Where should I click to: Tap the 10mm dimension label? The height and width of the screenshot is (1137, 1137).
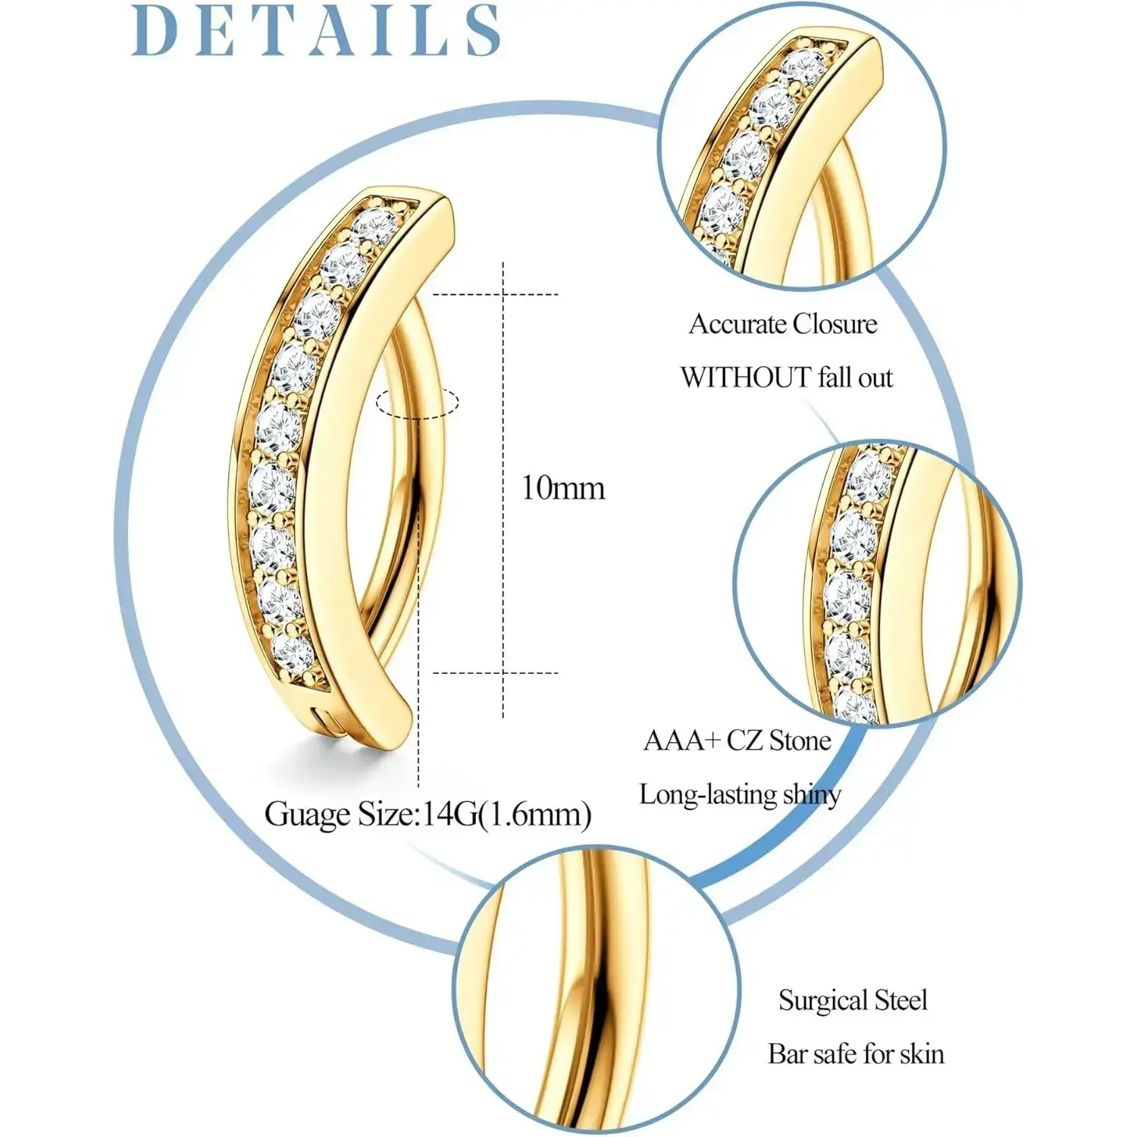[x=562, y=488]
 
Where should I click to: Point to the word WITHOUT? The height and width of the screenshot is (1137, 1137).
[x=745, y=377]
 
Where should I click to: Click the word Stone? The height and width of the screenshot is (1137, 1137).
[x=800, y=741]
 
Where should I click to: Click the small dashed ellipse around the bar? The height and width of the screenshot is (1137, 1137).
[x=418, y=402]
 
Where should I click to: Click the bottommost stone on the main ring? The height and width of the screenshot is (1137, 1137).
[x=293, y=653]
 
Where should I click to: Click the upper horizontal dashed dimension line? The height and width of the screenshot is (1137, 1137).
[x=494, y=294]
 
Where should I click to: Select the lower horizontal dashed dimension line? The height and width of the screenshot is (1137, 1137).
[x=494, y=672]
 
